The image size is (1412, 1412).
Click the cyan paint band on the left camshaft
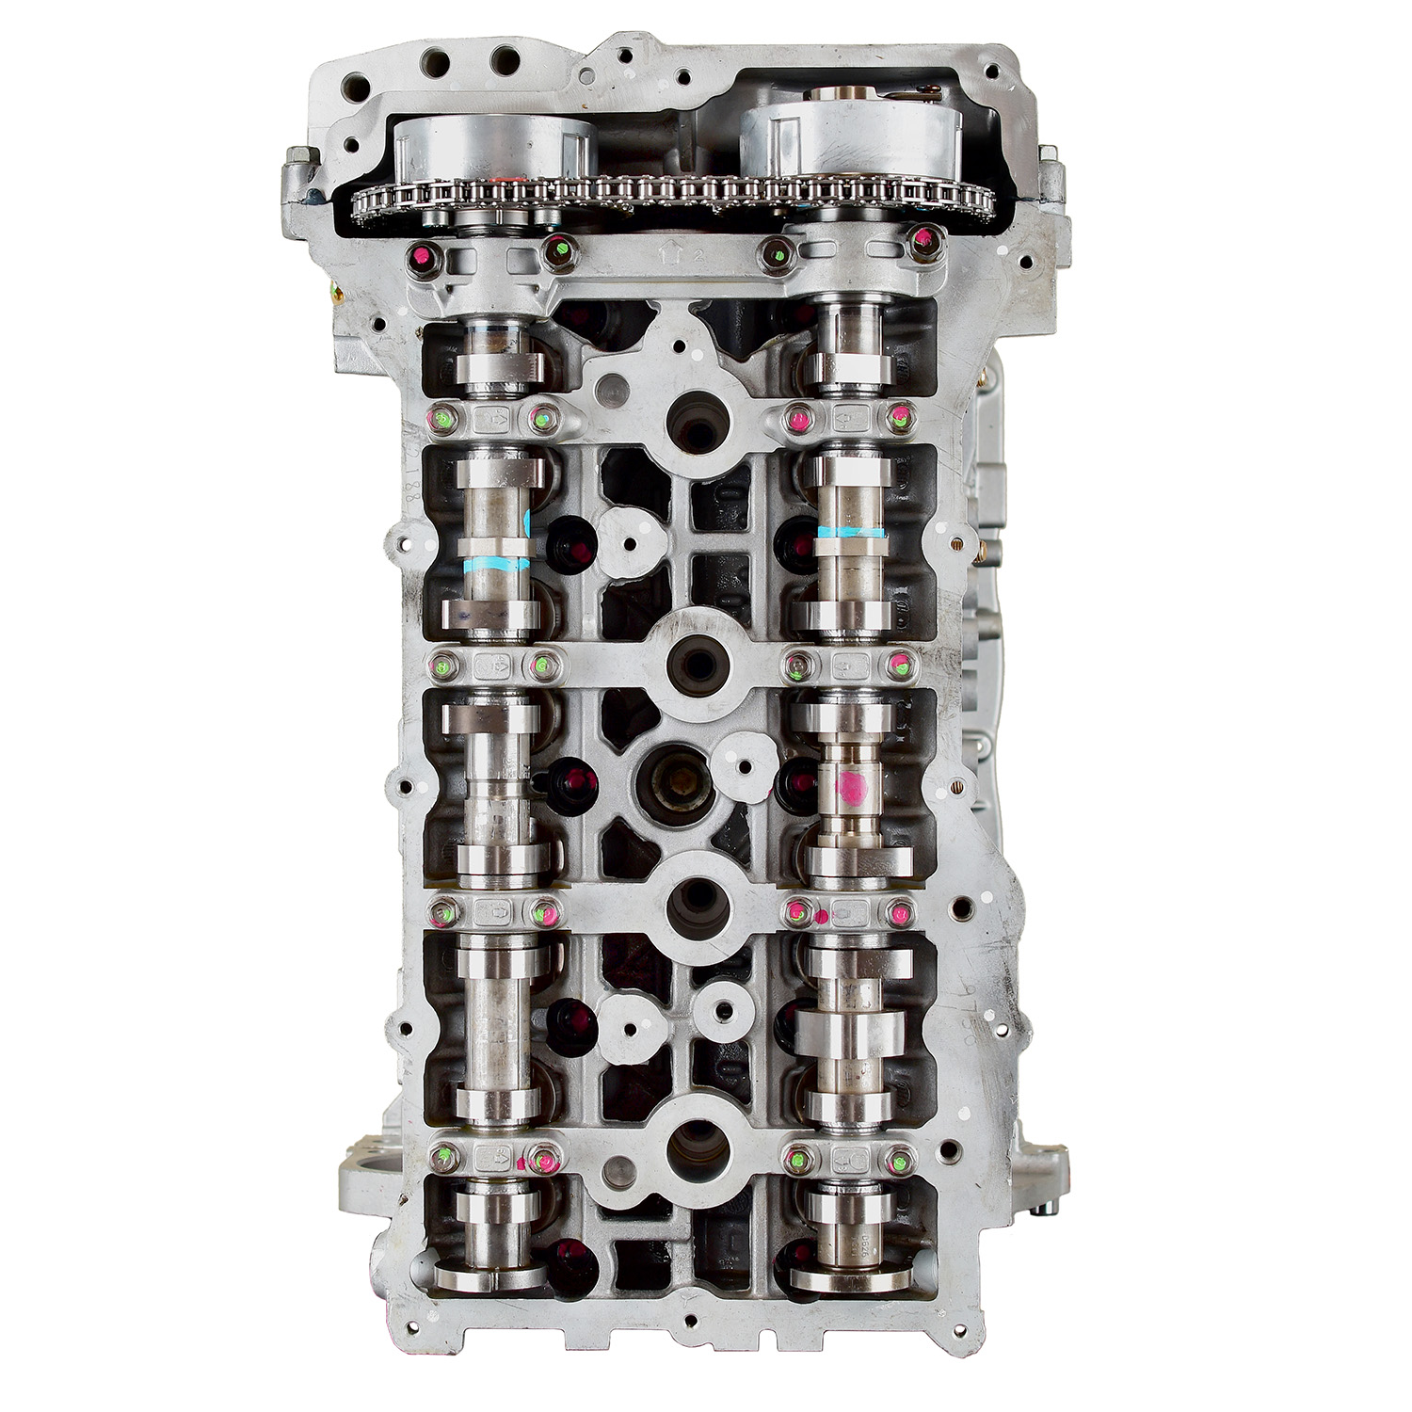[x=498, y=566]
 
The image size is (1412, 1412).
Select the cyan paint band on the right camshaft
[x=852, y=533]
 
